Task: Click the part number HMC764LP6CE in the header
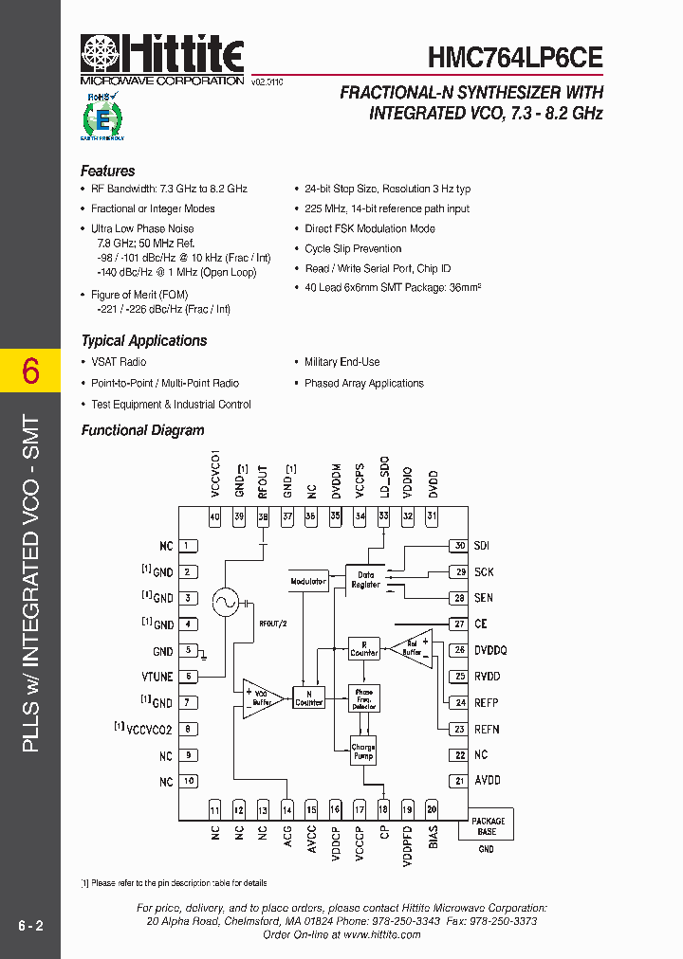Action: [x=515, y=57]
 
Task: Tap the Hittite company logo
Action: [x=162, y=55]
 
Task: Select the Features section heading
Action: [x=108, y=172]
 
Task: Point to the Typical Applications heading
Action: [x=143, y=341]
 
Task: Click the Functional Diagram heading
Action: [x=142, y=430]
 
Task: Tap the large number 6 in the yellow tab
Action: [x=30, y=371]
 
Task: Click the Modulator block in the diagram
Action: [x=308, y=581]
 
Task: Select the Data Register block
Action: [x=366, y=579]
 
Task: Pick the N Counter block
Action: [x=309, y=698]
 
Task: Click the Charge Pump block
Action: [x=363, y=751]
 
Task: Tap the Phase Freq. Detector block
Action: [x=363, y=699]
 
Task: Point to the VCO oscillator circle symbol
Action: [x=226, y=601]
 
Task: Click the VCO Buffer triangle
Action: [x=261, y=697]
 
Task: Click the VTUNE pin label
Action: [x=157, y=677]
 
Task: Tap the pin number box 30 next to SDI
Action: [x=460, y=546]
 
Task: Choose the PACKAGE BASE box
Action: [x=487, y=826]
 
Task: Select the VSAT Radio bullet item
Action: [x=119, y=362]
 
